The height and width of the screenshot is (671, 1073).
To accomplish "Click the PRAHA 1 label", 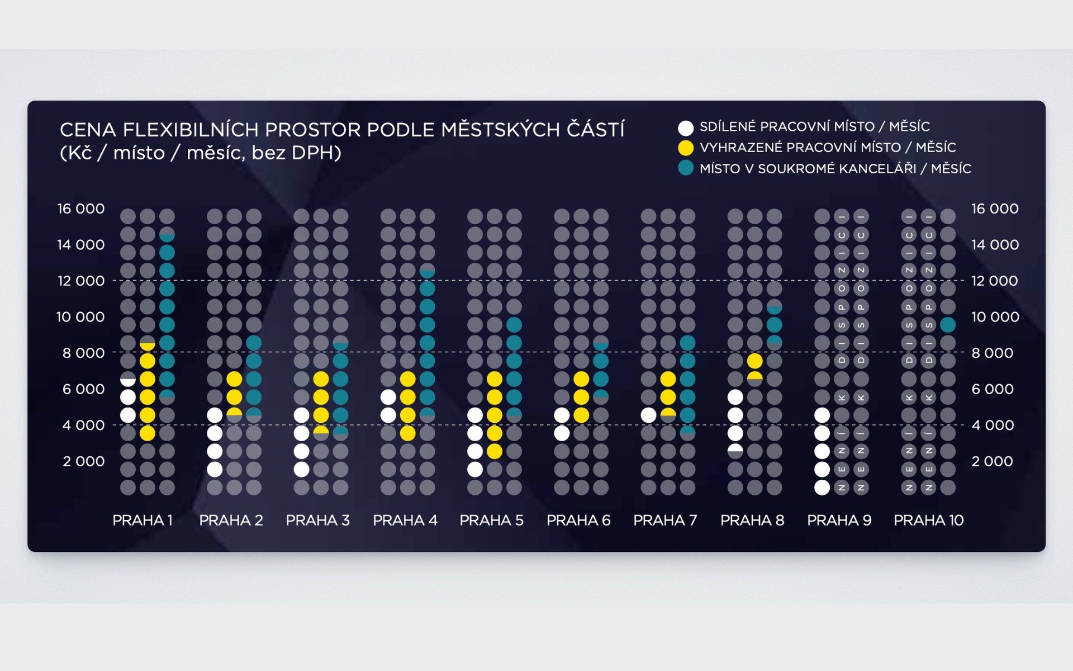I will (x=143, y=521).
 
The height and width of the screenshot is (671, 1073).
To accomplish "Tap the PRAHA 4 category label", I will (x=405, y=521).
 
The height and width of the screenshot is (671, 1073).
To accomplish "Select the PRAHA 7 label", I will (x=665, y=521).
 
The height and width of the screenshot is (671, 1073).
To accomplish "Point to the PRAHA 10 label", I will (x=929, y=521).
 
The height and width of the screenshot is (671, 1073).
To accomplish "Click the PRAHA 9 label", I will (x=839, y=521).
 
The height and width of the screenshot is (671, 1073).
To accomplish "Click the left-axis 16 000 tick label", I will (x=81, y=209).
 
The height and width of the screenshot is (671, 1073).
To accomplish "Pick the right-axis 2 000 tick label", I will (x=992, y=461).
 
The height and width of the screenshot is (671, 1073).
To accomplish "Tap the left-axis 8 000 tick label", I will (x=83, y=353).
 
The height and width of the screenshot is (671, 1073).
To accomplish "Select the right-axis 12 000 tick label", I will (x=995, y=281).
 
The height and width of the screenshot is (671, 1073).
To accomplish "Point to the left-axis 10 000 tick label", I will (x=80, y=317).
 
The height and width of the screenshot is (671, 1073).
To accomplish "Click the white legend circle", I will (x=686, y=128).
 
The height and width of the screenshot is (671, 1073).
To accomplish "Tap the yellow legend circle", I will (x=686, y=148).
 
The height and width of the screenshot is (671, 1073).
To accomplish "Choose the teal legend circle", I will (x=686, y=168).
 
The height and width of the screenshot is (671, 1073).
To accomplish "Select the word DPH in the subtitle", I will (x=314, y=153).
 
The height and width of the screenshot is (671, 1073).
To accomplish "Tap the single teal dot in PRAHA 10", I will (x=948, y=325).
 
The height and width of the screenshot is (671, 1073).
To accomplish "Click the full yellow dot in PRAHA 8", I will (x=754, y=361).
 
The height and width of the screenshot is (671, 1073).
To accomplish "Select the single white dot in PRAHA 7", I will (x=648, y=415).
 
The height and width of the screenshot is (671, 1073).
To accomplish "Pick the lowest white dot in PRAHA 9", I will (x=822, y=488).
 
